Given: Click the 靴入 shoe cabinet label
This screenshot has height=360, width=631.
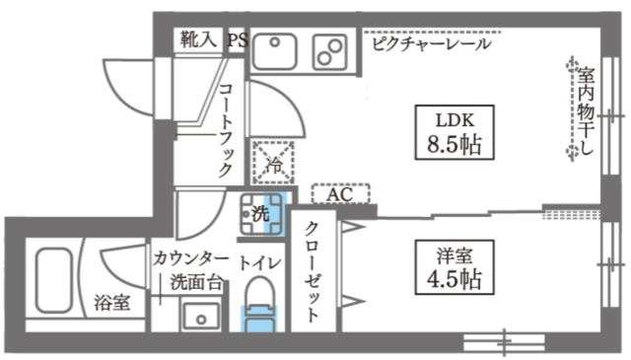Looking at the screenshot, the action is pyautogui.click(x=197, y=39).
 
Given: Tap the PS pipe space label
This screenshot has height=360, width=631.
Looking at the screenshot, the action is pyautogui.click(x=237, y=39).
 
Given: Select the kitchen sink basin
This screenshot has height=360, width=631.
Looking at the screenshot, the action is pyautogui.click(x=275, y=50).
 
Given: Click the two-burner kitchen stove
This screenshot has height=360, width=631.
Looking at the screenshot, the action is pyautogui.click(x=328, y=49).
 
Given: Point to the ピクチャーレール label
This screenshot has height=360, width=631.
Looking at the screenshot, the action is pyautogui.click(x=431, y=43).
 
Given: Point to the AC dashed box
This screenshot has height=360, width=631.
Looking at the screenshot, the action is pyautogui.click(x=340, y=194).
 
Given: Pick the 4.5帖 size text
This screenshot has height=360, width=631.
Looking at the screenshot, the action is pyautogui.click(x=449, y=280).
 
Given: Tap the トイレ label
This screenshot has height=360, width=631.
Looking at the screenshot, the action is pyautogui.click(x=260, y=261).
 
